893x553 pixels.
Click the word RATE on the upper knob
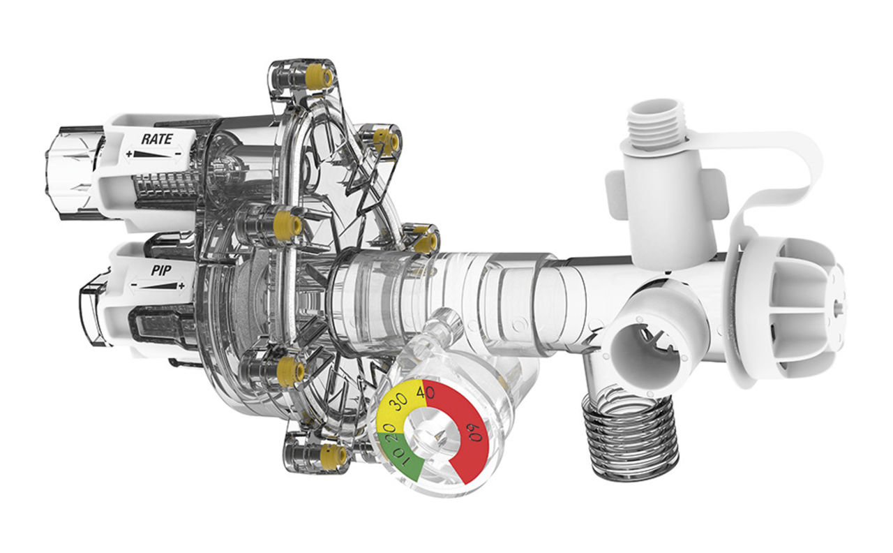coord(157,139)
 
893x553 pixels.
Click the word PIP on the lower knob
coord(161,270)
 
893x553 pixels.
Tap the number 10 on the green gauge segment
coord(400,457)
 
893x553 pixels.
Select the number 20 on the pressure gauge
coord(388,431)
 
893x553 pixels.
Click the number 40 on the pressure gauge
coord(425,392)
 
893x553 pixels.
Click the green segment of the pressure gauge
coord(398,459)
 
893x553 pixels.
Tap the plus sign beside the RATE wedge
coord(128,154)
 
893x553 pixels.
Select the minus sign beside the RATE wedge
coord(178,154)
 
